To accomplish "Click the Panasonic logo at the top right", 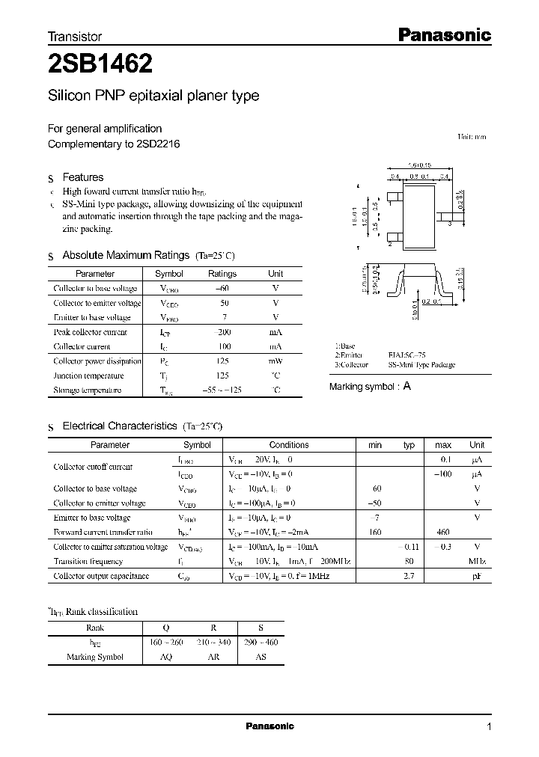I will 443,34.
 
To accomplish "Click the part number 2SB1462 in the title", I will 101,65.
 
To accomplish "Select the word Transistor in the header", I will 75,36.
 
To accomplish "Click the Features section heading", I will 82,177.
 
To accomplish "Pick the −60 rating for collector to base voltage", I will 222,288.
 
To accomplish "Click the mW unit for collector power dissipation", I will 275,361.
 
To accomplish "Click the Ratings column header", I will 222,274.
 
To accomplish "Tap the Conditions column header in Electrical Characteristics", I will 289,444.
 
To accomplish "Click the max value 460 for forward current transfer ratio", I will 443,532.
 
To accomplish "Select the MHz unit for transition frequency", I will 477,561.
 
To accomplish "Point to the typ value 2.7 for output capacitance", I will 409,576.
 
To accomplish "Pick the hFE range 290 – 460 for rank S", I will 261,643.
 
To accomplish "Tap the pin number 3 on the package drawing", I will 451,224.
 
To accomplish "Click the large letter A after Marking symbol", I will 407,386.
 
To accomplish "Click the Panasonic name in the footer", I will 270,726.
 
